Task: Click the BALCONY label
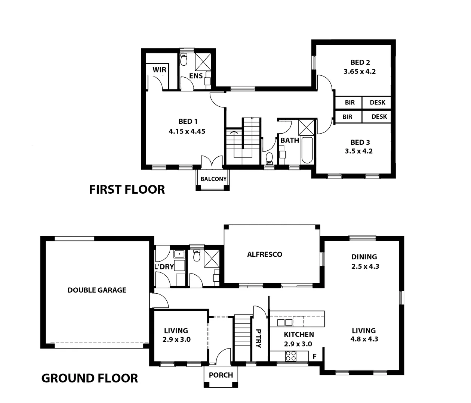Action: click(213, 179)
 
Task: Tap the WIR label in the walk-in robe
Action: click(159, 70)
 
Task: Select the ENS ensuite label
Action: click(196, 76)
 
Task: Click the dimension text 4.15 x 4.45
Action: click(187, 131)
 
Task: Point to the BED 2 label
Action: click(360, 62)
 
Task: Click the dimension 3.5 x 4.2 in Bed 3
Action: click(359, 151)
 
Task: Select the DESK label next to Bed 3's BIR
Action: click(379, 117)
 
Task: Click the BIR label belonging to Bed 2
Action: click(350, 103)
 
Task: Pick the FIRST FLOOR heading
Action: click(127, 190)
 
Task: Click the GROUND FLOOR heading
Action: click(89, 378)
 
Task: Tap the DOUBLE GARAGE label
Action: click(97, 290)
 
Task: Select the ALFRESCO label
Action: click(265, 254)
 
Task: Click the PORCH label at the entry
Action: click(221, 375)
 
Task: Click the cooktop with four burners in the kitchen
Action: click(291, 356)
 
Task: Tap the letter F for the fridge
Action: click(315, 356)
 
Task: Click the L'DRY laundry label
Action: click(164, 267)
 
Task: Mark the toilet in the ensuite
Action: click(184, 59)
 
